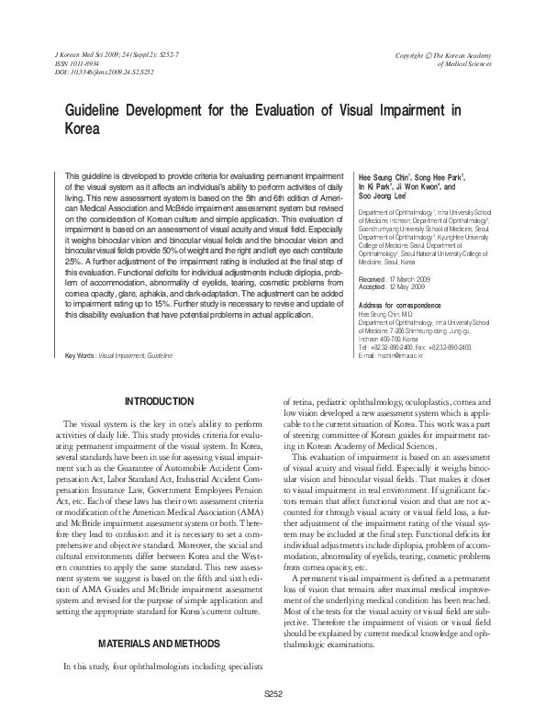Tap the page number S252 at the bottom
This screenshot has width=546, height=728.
tap(273, 693)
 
